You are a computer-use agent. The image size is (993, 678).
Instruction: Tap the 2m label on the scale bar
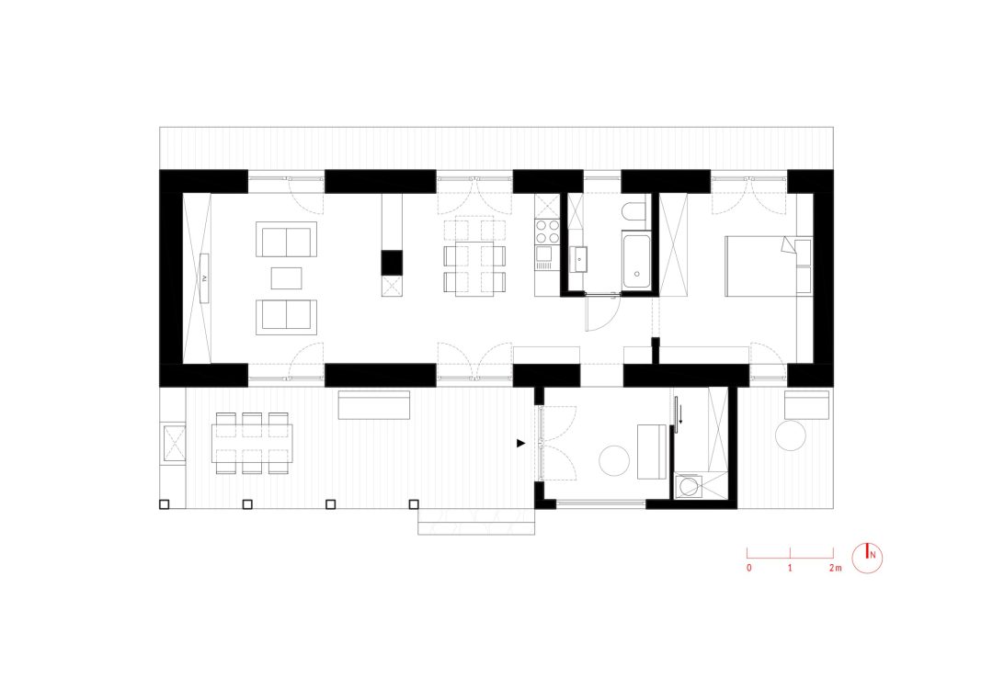pyautogui.click(x=835, y=568)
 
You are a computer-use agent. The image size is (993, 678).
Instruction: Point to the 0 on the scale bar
pyautogui.click(x=749, y=568)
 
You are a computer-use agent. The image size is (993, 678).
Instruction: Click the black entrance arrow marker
pyautogui.click(x=521, y=443)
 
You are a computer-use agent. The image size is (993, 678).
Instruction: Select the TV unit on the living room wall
pyautogui.click(x=204, y=278)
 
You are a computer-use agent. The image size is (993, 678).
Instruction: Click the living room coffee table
pyautogui.click(x=286, y=278)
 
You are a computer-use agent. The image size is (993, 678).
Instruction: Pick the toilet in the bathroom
pyautogui.click(x=633, y=210)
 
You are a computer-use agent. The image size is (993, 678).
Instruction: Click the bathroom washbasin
pyautogui.click(x=578, y=260)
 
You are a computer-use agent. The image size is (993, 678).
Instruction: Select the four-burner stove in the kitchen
pyautogui.click(x=548, y=232)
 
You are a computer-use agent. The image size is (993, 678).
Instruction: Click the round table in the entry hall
pyautogui.click(x=614, y=460)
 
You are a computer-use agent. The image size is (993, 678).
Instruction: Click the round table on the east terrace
pyautogui.click(x=791, y=435)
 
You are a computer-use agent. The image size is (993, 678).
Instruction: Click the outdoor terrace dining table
pyautogui.click(x=252, y=443)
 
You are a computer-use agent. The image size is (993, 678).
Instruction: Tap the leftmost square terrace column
pyautogui.click(x=164, y=504)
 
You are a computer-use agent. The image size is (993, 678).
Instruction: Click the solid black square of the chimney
pyautogui.click(x=392, y=262)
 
